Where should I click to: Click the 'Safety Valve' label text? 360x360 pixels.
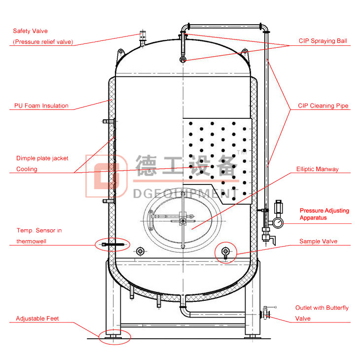(30, 31)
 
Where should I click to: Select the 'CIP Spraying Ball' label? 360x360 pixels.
(323, 41)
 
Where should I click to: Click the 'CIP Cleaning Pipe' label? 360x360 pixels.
(323, 106)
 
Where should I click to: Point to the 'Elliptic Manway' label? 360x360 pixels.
(317, 169)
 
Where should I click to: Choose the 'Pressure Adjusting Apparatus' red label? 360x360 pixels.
(324, 214)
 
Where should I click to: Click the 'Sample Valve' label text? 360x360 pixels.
(318, 242)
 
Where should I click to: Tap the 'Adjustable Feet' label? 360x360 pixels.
(37, 319)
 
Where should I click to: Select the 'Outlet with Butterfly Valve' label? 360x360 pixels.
(322, 313)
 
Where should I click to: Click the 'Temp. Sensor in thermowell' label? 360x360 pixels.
(39, 236)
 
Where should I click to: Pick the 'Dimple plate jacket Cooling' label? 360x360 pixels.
(42, 164)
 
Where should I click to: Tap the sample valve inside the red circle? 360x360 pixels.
(226, 252)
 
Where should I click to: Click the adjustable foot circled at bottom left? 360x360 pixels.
(114, 337)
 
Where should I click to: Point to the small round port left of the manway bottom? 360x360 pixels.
(141, 252)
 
